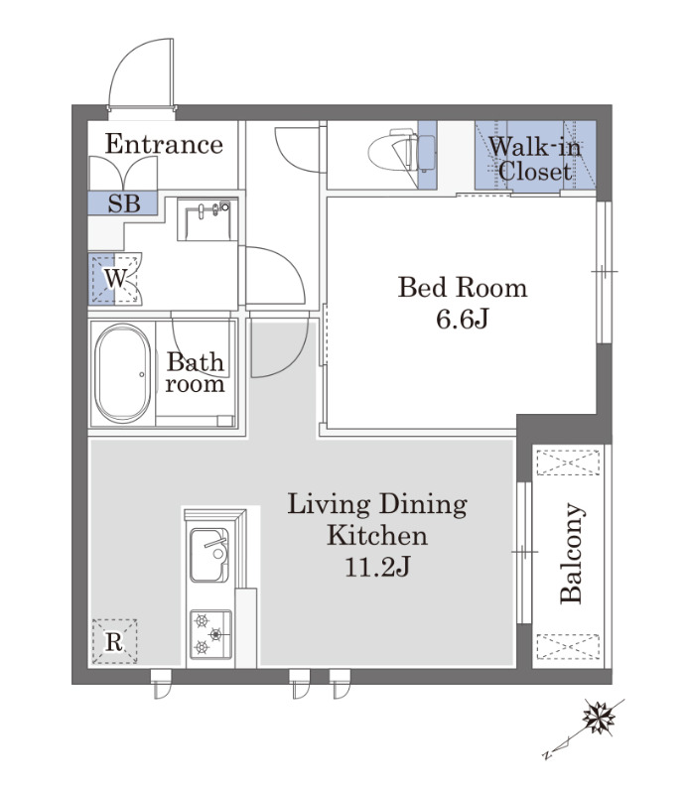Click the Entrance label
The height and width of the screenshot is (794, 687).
(x=164, y=144)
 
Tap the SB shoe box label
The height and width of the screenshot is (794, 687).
(x=124, y=203)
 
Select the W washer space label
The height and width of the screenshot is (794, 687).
(x=115, y=278)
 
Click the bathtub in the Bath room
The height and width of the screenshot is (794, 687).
(x=122, y=374)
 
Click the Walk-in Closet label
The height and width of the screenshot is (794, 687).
(x=535, y=159)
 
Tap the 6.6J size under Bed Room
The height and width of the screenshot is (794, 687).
(x=462, y=319)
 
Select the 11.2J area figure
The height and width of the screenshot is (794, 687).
(x=377, y=567)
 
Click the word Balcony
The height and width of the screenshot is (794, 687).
(x=572, y=553)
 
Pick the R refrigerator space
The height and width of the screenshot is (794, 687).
(x=114, y=641)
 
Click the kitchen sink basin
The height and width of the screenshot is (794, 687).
(x=209, y=555)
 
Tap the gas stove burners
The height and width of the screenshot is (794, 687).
(x=210, y=634)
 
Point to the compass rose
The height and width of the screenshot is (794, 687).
(x=599, y=717)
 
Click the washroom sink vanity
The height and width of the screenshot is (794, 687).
(x=207, y=219)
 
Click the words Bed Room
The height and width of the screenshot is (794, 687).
(x=463, y=288)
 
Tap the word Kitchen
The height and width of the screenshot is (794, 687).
(x=377, y=535)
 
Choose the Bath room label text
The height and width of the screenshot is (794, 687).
(x=195, y=372)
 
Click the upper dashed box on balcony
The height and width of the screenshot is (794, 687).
(x=568, y=463)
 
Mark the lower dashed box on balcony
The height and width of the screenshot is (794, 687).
(x=568, y=647)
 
